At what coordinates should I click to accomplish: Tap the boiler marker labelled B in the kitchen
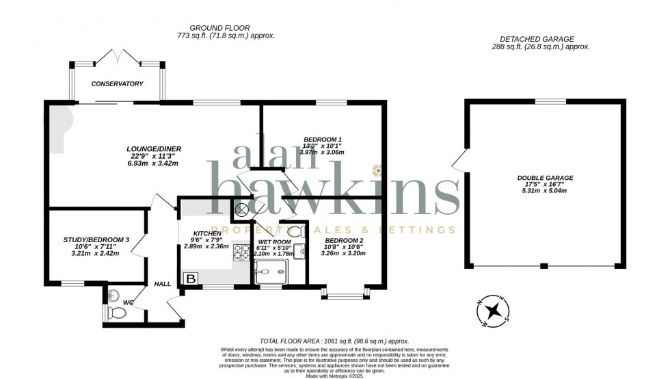(190, 278)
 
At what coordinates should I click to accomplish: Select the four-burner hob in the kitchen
(241, 252)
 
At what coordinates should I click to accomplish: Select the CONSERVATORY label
(118, 83)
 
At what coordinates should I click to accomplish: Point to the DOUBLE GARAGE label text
(545, 178)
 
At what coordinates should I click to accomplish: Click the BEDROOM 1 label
(322, 139)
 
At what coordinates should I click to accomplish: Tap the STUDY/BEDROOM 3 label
(96, 239)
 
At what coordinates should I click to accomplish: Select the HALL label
(162, 283)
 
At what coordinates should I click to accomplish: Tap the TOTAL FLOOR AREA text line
(334, 340)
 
